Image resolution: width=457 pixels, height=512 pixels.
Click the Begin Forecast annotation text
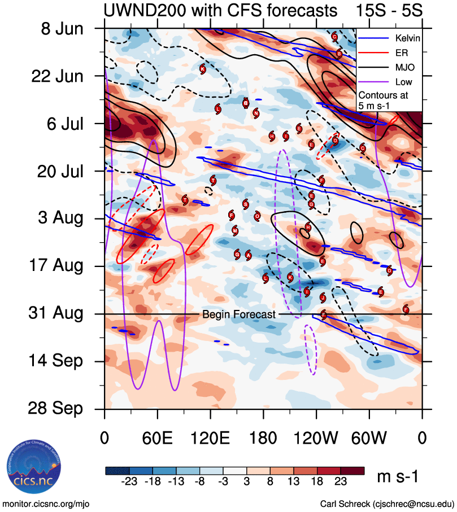(x=239, y=314)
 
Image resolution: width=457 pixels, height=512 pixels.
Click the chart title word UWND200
(x=138, y=10)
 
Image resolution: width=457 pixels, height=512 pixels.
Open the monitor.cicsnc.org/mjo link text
(x=46, y=504)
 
